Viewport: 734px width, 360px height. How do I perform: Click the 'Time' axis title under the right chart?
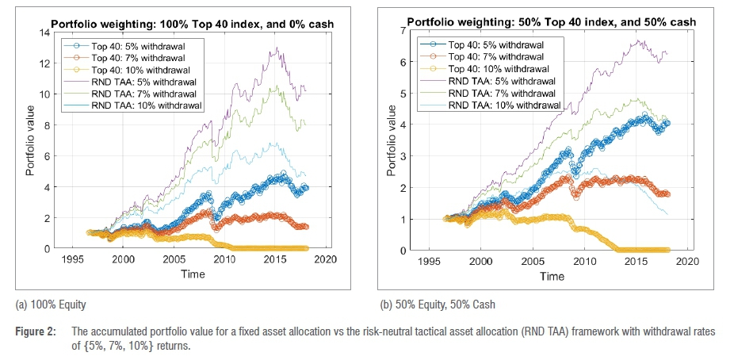552,276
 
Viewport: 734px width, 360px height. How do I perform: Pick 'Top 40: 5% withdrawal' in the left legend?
132,45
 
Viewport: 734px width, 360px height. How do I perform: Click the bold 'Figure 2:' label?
34,330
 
